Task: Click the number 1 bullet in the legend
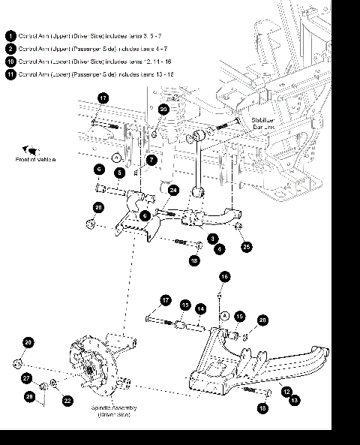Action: click(10, 35)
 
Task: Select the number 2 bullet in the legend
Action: click(10, 48)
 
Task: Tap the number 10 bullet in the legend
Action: click(10, 61)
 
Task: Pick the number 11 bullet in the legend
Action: click(10, 74)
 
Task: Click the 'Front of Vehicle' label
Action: click(36, 160)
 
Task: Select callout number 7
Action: click(151, 159)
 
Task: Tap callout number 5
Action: click(118, 173)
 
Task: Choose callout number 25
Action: click(246, 245)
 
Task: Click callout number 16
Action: click(223, 277)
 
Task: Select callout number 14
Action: click(200, 308)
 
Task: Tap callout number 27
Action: click(25, 378)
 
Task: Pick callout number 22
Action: click(67, 401)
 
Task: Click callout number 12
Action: click(286, 391)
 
